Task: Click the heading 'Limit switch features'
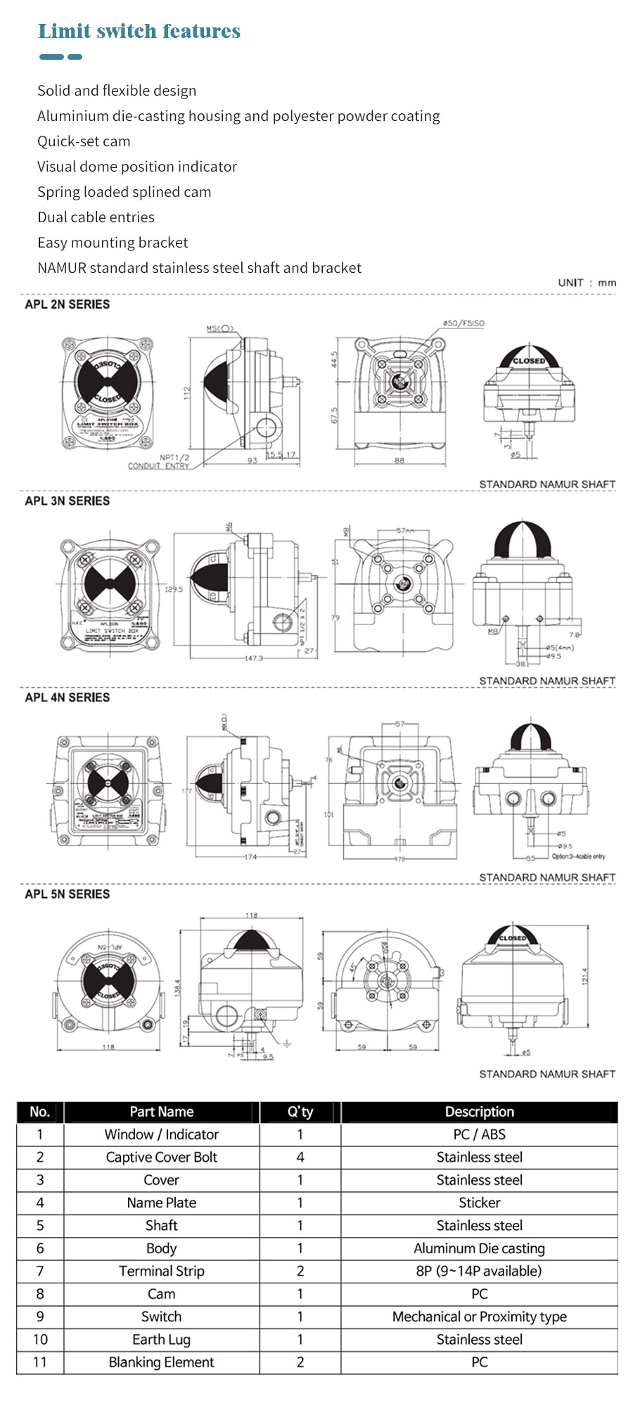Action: (139, 32)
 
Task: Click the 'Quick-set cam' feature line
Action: (84, 141)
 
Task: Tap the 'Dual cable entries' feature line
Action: (96, 217)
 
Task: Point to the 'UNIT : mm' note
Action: (587, 283)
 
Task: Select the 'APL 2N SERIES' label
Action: (68, 305)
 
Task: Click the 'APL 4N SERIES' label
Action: (68, 698)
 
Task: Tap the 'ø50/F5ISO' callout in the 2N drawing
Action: (463, 323)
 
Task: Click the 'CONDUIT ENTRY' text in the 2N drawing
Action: (158, 466)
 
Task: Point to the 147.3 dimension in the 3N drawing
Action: (253, 658)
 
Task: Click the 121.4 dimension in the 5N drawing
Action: (584, 977)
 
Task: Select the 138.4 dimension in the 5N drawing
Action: (178, 987)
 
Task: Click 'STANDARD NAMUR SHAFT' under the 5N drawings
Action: (547, 1074)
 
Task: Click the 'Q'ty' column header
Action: (300, 1112)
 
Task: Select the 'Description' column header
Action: (479, 1112)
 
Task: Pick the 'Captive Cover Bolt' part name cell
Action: (161, 1158)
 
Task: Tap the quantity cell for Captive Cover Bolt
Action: (300, 1158)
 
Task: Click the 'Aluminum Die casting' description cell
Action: (479, 1248)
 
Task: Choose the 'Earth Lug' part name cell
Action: (161, 1340)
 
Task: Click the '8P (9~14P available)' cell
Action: (479, 1271)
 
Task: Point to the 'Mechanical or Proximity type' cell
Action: (479, 1316)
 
